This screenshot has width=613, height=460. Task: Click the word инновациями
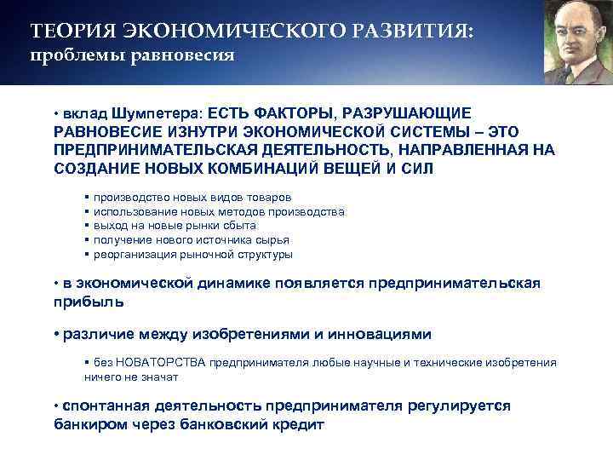point(383,333)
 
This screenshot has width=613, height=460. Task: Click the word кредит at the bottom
point(298,423)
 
